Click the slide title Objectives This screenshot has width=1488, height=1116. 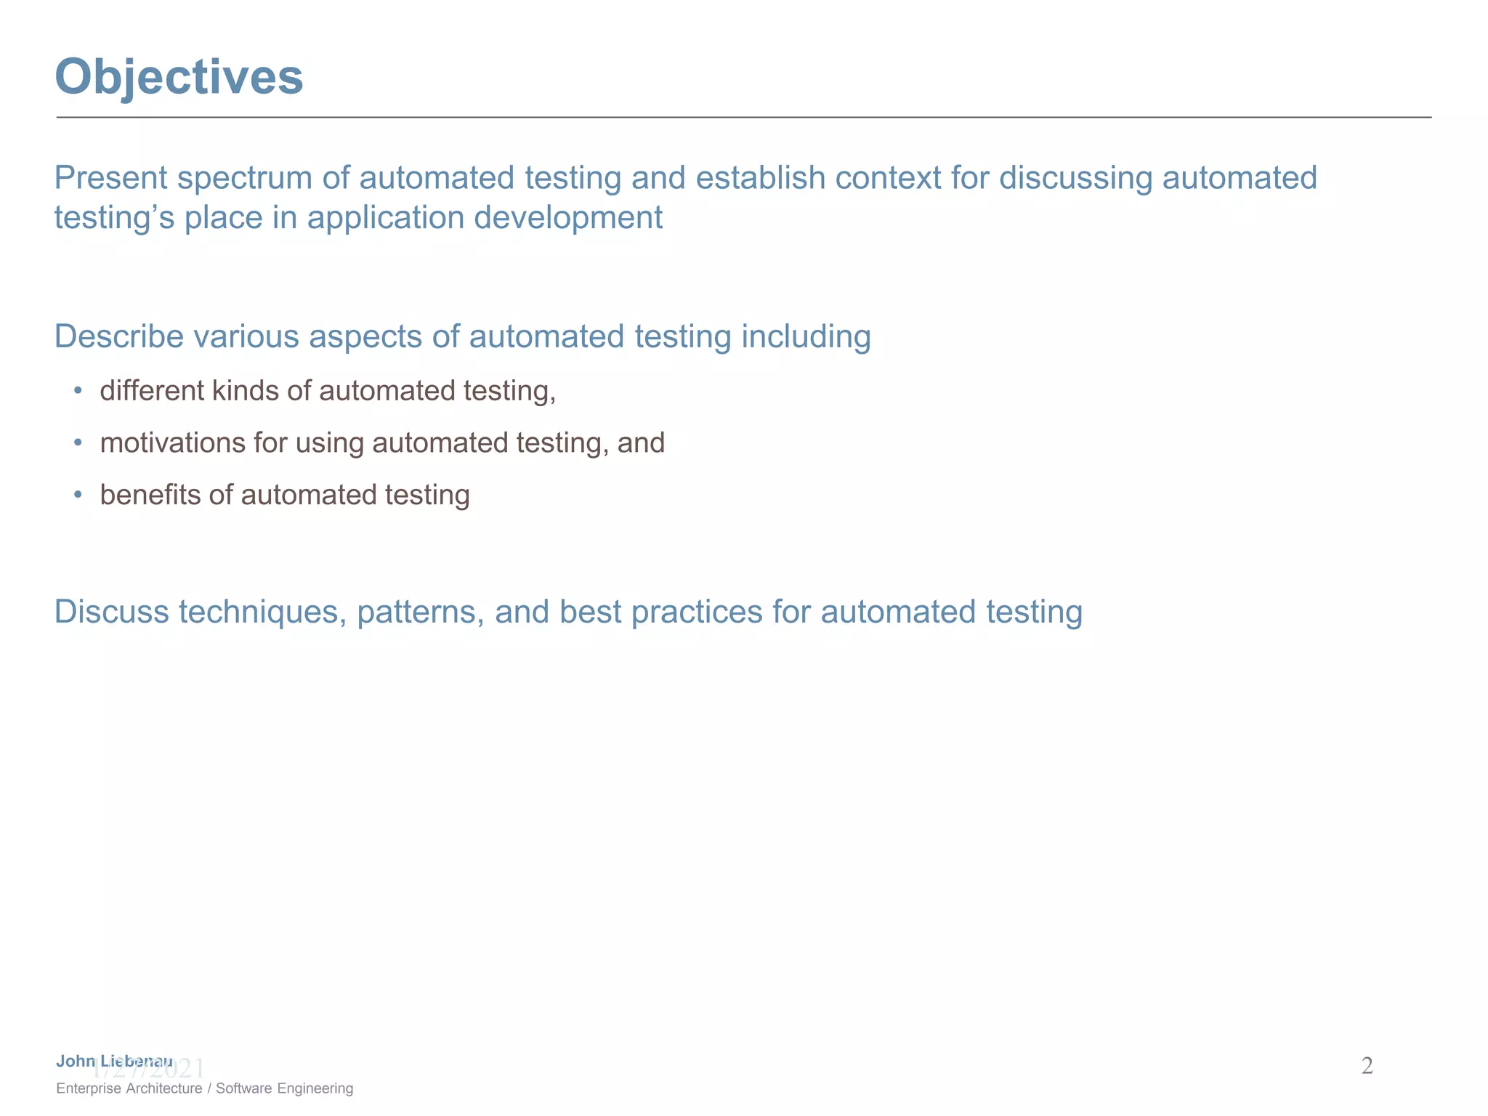pyautogui.click(x=179, y=77)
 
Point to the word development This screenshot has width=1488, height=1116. pyautogui.click(x=568, y=218)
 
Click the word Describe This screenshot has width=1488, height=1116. pyautogui.click(x=118, y=337)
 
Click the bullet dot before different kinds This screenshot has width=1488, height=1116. pyautogui.click(x=78, y=391)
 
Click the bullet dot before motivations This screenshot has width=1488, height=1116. pyautogui.click(x=78, y=443)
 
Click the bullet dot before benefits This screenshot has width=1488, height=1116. pyautogui.click(x=78, y=496)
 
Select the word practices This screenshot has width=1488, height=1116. pyautogui.click(x=697, y=612)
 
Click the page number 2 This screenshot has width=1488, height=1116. pyautogui.click(x=1367, y=1066)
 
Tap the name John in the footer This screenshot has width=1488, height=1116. pyautogui.click(x=76, y=1062)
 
